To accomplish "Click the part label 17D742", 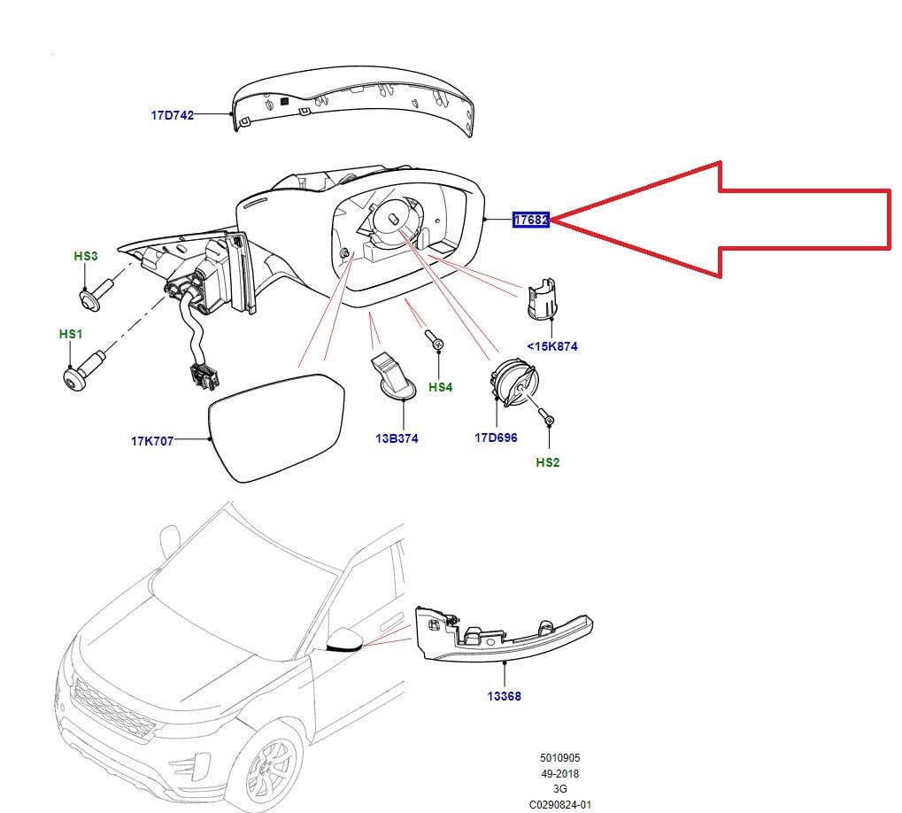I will click(x=171, y=115).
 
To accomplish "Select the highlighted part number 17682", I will click(x=531, y=219).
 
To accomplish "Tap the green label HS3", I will click(x=86, y=256).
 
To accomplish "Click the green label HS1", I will click(x=70, y=334).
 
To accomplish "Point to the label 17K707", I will click(x=152, y=440).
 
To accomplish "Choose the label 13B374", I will click(x=396, y=438).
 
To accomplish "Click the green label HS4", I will click(x=440, y=387).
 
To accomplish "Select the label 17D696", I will click(x=496, y=437).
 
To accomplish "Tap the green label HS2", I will click(x=547, y=462).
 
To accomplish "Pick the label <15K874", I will click(x=551, y=346).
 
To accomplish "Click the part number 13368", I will click(x=504, y=696).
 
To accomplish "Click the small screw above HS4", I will click(x=434, y=340).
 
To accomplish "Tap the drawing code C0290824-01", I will click(x=560, y=804).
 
